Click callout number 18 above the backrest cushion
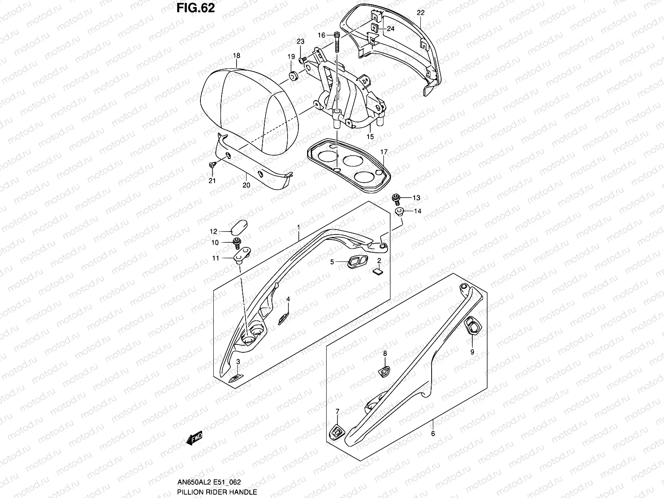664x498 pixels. [237, 56]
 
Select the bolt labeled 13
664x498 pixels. [395, 198]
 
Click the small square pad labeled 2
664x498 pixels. [378, 272]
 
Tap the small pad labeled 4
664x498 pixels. [284, 318]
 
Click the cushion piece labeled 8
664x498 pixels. [384, 372]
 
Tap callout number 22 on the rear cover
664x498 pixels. [420, 13]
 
